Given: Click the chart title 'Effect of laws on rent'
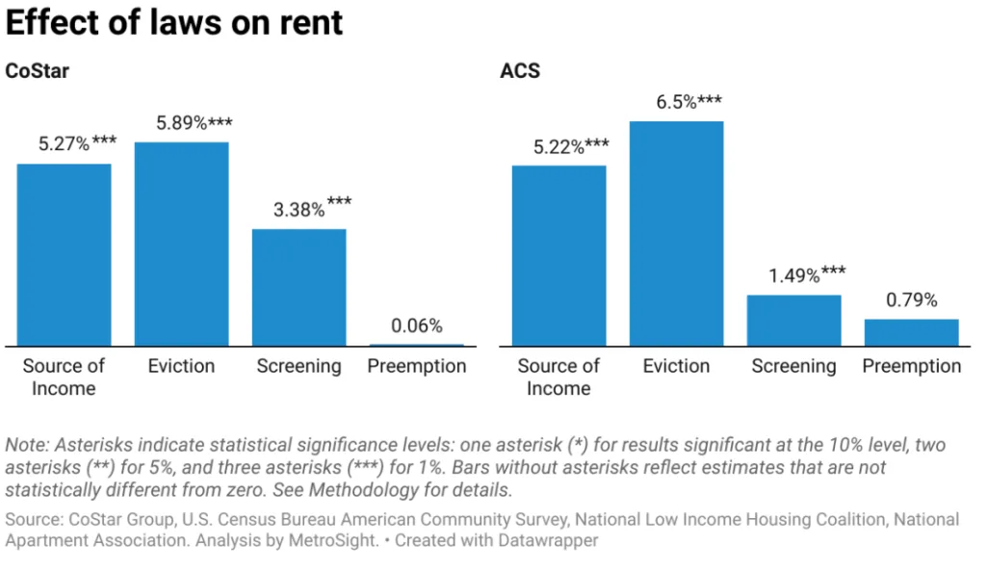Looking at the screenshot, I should point(174,22).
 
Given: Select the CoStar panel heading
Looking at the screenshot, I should point(37,71).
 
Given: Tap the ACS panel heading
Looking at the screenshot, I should point(520,71).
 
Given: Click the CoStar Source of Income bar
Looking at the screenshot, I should point(65,255).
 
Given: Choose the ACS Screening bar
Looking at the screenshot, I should point(793,320).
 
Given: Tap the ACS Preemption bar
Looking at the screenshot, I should point(911,332).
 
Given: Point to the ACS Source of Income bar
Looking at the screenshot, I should point(558,256).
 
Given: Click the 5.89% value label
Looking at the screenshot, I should point(194,123).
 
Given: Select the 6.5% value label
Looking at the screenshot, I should point(676,102).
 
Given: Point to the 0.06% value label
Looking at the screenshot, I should point(416,325).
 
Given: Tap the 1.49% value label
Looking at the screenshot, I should point(807,275).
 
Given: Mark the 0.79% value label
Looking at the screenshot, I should point(911,300).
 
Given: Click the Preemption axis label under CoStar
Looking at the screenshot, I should point(416,366).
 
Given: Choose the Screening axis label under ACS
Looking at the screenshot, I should point(793,366).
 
